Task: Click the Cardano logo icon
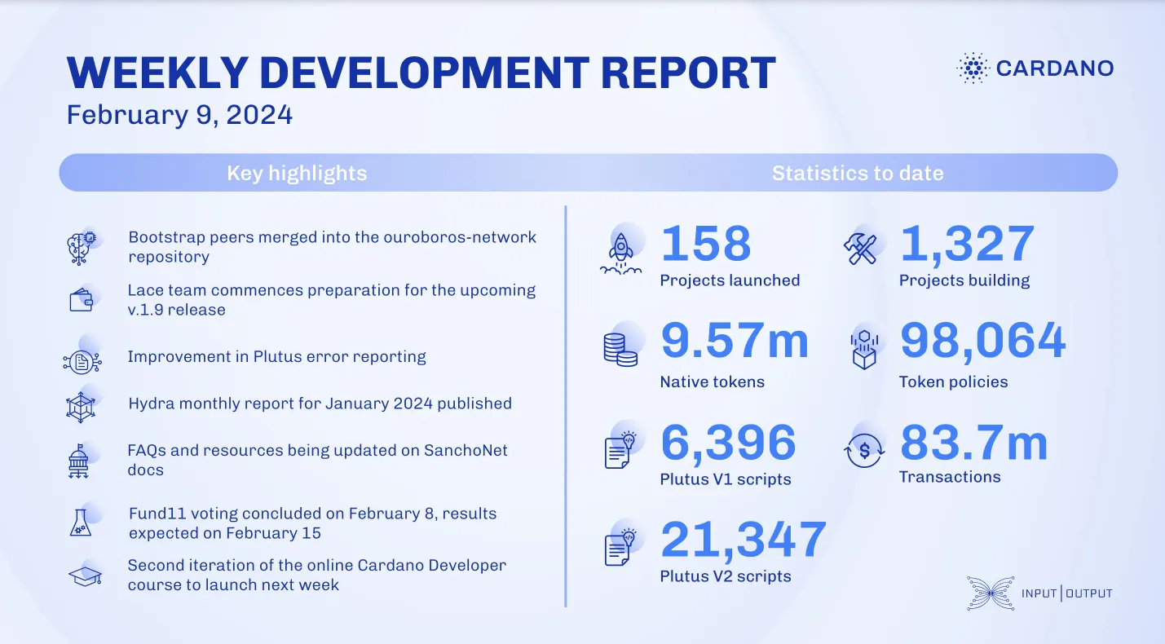coord(972,68)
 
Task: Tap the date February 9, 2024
coord(179,115)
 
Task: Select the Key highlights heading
coord(297,173)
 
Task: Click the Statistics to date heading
coord(858,173)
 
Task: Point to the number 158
coord(706,243)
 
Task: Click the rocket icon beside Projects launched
coord(621,249)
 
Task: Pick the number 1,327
coord(967,243)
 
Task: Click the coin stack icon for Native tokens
coord(620,349)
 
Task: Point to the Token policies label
coord(953,382)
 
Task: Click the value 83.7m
coord(973,443)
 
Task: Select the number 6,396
coord(728,443)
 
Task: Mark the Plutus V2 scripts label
coord(726,576)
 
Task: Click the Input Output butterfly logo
coord(990,593)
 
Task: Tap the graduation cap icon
coord(83,576)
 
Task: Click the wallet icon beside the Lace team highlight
coord(82,301)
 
